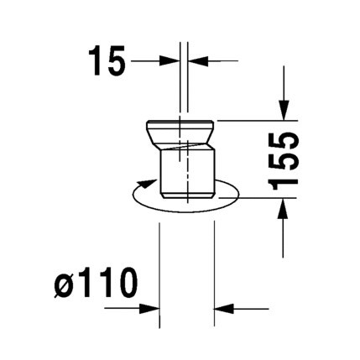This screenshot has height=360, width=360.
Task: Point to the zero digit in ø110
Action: tap(123, 287)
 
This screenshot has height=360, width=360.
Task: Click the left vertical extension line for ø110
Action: tap(160, 269)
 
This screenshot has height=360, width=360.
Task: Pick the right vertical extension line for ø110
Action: tap(216, 269)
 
